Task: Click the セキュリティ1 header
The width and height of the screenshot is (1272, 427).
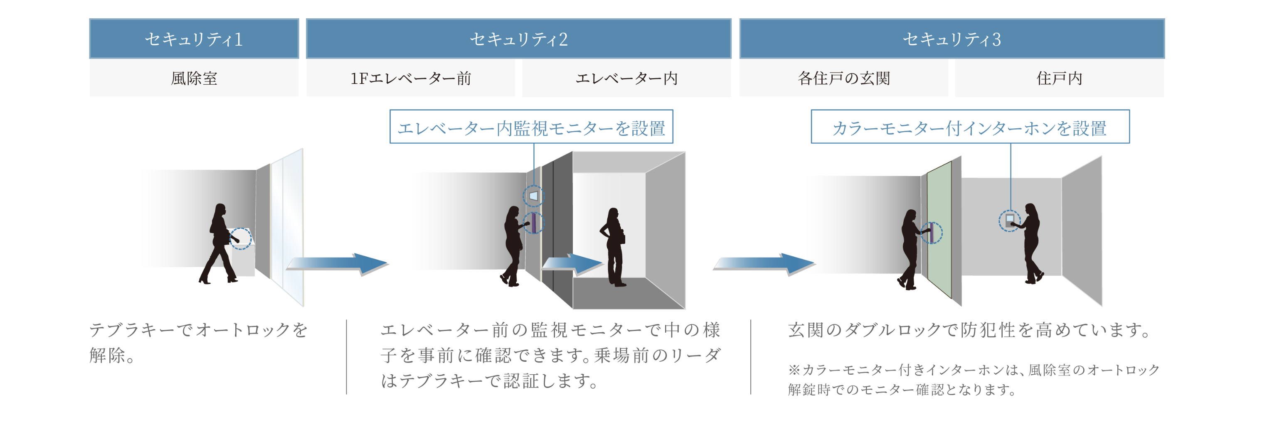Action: point(194,39)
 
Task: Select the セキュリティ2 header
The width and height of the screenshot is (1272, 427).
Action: point(518,39)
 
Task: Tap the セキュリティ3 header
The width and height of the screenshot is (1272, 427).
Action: point(952,39)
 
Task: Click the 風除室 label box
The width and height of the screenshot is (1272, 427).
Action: point(194,78)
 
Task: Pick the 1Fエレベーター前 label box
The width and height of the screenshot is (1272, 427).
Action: point(410,78)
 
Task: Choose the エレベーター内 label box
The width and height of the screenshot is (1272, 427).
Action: point(626,78)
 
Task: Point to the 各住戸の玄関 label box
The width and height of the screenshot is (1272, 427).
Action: point(843,78)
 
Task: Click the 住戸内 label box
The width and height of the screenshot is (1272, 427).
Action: point(1059,78)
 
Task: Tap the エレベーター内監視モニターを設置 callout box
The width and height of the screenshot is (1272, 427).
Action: point(531,128)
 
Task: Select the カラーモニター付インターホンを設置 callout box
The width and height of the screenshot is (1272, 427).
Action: point(970,128)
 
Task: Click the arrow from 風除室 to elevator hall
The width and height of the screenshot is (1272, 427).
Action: point(338,265)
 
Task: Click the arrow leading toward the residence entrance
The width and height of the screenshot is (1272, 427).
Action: point(763,265)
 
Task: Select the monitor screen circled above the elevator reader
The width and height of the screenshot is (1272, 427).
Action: point(533,196)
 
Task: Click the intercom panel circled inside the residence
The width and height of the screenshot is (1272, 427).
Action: point(1009,220)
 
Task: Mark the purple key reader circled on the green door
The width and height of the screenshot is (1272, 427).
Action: point(931,233)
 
